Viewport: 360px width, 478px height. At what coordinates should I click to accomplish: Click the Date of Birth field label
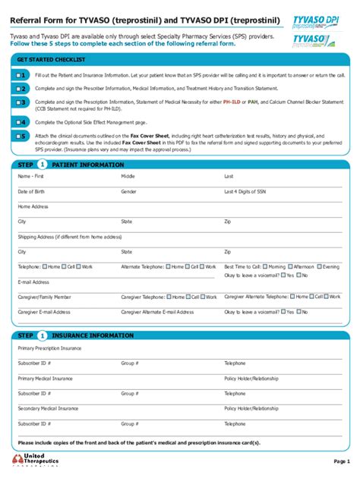31,192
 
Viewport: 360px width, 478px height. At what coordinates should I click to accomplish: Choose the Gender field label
128,192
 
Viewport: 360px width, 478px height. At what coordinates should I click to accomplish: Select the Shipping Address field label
69,237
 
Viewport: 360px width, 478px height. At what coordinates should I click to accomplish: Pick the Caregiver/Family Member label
45,297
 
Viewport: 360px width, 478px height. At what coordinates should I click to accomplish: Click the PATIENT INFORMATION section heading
87,165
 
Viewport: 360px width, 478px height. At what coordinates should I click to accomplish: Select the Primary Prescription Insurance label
49,348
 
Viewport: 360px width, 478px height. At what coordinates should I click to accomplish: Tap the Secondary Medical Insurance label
47,408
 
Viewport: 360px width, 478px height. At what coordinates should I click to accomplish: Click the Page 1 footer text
341,461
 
